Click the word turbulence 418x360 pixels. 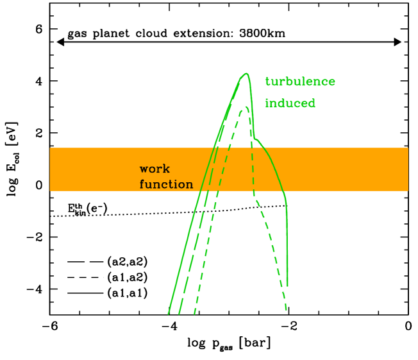coord(300,82)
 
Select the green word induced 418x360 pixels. coord(290,103)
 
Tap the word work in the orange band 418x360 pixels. coord(155,169)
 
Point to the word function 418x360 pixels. coord(166,185)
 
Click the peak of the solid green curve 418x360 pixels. coord(246,73)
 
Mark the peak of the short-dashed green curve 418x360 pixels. coord(246,107)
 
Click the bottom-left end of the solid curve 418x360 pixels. coord(169,314)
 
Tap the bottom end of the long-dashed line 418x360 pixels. coord(180,314)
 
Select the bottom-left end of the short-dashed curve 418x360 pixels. coord(194,314)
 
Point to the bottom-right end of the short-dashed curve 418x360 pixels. coord(286,311)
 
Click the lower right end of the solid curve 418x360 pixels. coord(287,286)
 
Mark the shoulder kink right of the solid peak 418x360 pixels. coord(255,138)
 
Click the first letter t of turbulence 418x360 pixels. coord(267,82)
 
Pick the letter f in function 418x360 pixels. coord(142,185)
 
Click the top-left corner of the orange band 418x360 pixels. coord(50,148)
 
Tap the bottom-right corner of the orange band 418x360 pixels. coord(408,191)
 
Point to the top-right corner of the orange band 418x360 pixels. coord(408,148)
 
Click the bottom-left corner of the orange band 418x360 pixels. coord(50,191)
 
